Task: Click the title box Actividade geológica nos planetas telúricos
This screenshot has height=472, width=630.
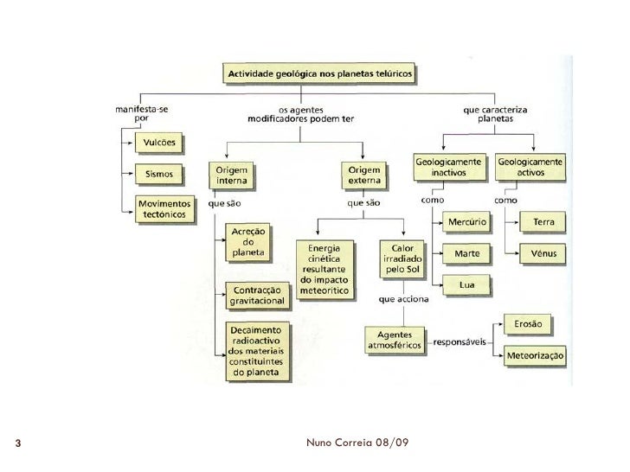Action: point(320,75)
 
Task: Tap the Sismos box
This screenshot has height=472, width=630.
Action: point(158,175)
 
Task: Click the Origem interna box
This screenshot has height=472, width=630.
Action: point(232,175)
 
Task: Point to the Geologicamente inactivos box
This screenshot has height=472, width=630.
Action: point(449,168)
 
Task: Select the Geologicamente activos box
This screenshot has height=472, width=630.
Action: point(530,168)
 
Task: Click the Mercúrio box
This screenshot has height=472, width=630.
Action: point(466,223)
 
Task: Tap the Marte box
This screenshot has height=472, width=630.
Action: point(466,254)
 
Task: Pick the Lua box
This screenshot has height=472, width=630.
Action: point(466,284)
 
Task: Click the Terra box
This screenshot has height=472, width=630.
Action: point(543,223)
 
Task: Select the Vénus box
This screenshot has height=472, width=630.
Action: point(543,254)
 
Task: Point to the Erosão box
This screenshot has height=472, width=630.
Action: point(527,324)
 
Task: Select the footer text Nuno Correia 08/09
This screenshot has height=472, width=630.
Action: point(357,443)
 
